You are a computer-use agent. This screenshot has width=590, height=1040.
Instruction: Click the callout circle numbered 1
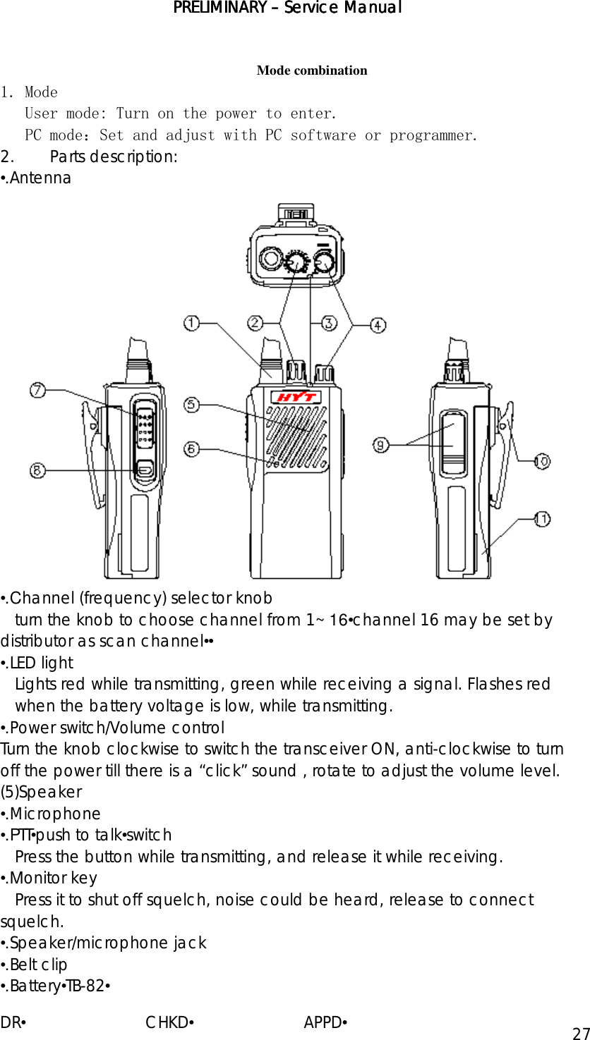pos(191,323)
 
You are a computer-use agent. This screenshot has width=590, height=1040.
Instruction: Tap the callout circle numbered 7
pos(37,389)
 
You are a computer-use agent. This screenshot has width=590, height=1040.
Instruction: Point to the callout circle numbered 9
pos(380,445)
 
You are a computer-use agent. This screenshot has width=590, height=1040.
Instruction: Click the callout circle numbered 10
pos(541,462)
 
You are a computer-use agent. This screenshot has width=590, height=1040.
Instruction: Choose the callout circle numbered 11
pos(541,519)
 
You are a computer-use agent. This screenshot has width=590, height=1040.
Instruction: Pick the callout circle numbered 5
pos(191,405)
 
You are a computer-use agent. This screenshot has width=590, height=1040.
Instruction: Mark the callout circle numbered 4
pos(378,324)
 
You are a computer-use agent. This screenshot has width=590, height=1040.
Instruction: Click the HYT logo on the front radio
pos(295,398)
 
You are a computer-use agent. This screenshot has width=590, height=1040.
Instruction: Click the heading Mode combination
pos(312,71)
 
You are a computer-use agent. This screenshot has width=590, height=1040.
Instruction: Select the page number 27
pos(580,1034)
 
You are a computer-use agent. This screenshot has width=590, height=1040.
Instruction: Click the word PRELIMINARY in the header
pos(217,8)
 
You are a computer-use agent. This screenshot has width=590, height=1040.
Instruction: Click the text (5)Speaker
pos(41,792)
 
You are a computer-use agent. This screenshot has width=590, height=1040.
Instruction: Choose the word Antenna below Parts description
pos(40,178)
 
